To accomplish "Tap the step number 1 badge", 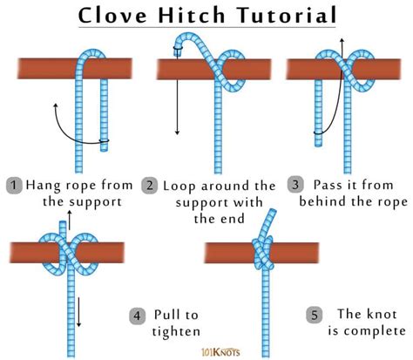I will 13,185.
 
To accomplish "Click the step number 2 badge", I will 150,185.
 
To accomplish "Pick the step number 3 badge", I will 297,185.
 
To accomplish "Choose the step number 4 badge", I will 136,316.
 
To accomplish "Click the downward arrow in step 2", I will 177,105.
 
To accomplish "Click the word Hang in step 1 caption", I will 44,185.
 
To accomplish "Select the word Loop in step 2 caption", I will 181,185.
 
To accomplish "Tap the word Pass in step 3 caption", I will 328,185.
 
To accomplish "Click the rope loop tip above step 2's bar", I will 184,39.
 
